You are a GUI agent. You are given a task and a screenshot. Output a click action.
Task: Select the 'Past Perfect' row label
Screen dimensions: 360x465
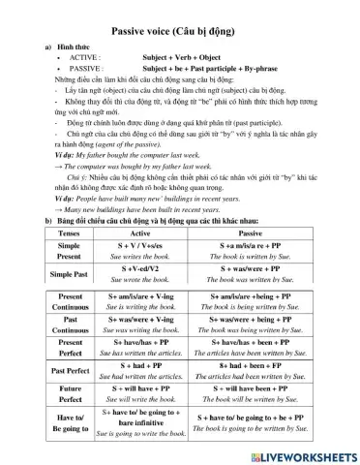coord(69,370)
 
